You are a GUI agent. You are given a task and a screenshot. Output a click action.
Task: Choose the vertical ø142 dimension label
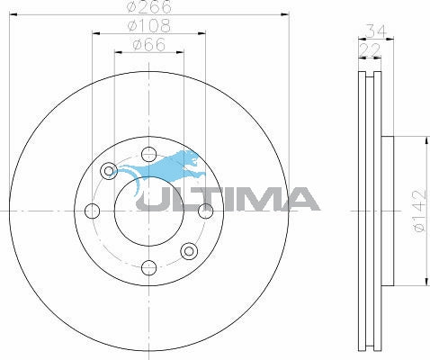tap(418, 211)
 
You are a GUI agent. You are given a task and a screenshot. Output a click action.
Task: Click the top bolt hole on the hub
tap(148, 152)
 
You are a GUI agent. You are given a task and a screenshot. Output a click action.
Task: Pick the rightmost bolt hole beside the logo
tap(207, 211)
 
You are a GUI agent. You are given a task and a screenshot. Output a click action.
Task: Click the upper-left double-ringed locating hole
tap(109, 170)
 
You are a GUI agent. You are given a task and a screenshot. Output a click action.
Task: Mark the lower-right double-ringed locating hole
tap(189, 251)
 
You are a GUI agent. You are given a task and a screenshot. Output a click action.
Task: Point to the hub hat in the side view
tap(388, 211)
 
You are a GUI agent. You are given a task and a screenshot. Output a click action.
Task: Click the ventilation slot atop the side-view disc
tap(370, 81)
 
